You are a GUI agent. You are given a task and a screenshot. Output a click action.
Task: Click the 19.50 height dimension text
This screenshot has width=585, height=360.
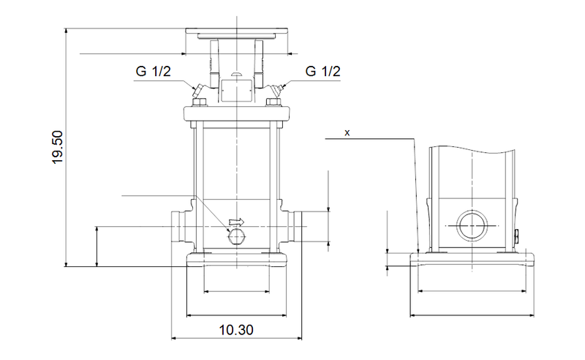[x=58, y=147]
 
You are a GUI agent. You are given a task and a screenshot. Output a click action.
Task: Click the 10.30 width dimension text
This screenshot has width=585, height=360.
[x=235, y=330]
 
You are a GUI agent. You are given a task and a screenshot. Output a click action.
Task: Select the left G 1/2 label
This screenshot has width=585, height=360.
[x=152, y=72]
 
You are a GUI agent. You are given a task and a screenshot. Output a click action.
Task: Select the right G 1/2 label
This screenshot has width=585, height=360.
[x=322, y=72]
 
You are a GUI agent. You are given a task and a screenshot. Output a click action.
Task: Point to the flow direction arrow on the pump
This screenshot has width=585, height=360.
[x=235, y=221]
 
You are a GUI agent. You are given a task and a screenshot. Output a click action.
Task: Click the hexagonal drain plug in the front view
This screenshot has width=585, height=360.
[x=235, y=236]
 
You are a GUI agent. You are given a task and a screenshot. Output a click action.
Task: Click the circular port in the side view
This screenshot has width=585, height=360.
[x=472, y=226]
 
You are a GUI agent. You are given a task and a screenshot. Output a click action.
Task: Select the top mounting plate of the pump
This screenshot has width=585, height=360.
[x=237, y=34]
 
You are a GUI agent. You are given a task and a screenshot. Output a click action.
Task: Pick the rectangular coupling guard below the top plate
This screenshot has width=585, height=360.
[x=235, y=90]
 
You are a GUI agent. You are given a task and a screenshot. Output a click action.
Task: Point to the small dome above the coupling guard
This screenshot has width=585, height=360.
[x=235, y=75]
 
